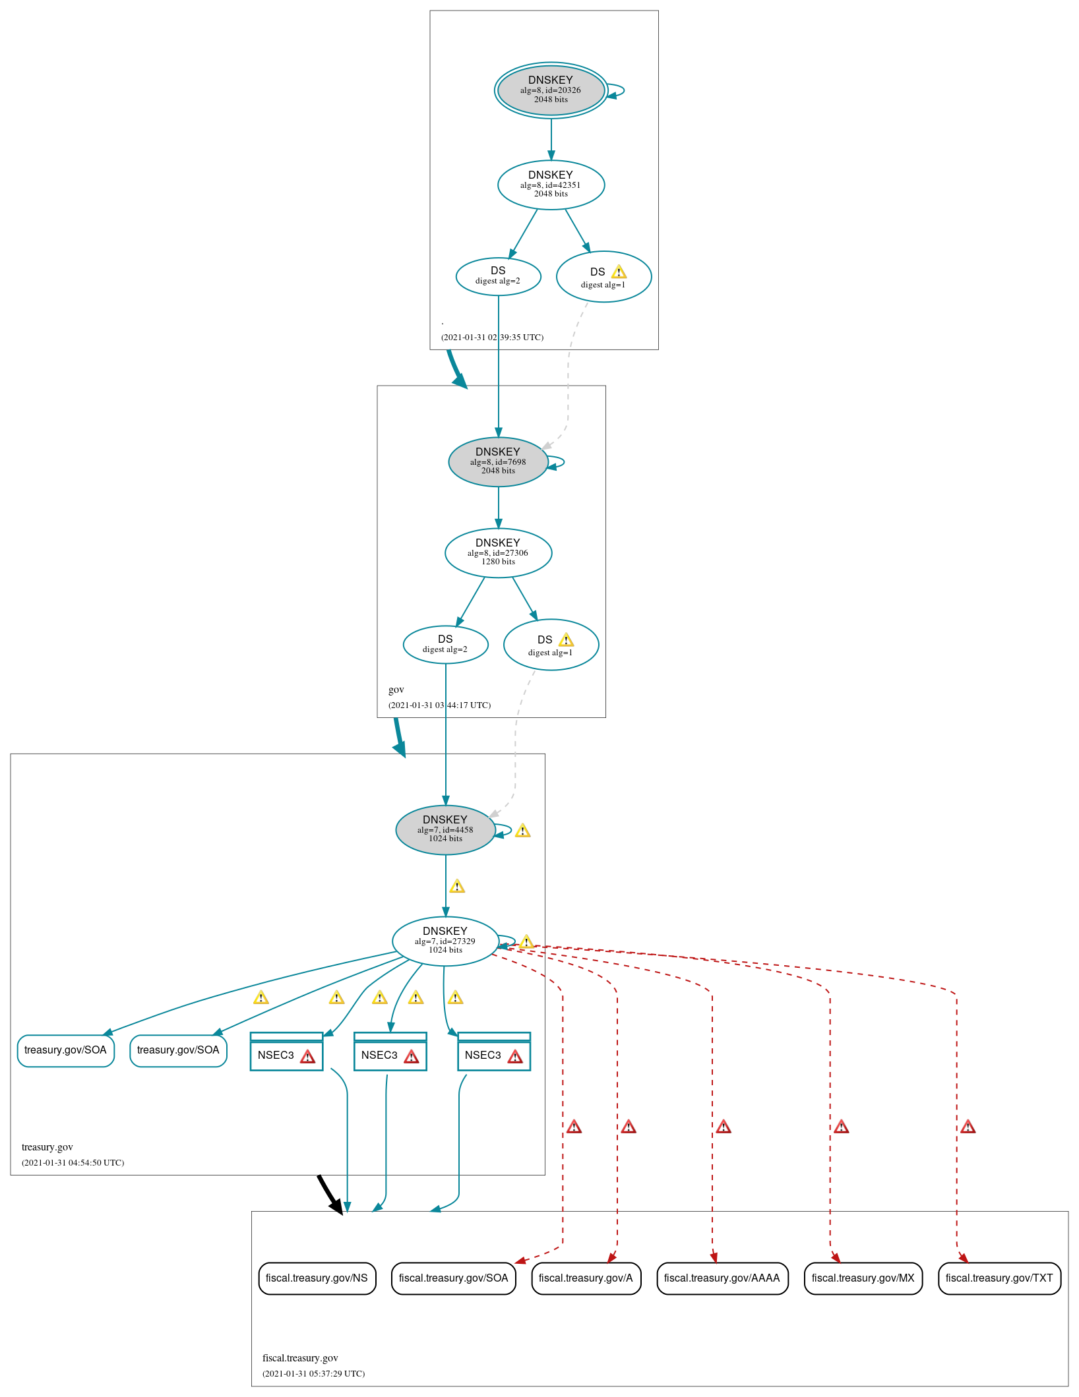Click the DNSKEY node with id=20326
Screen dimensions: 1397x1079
coord(551,90)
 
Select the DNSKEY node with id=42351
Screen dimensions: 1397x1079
coord(551,185)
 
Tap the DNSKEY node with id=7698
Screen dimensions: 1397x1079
coord(498,461)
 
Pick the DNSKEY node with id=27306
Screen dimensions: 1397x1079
coord(498,552)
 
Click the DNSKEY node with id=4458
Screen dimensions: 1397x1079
coord(445,829)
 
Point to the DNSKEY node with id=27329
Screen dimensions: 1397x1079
coord(445,941)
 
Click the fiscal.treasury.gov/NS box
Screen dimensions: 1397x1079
coord(317,1278)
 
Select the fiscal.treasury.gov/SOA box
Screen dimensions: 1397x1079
coord(453,1278)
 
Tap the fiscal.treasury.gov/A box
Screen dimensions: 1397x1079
coord(586,1278)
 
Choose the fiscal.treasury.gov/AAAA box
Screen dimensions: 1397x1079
coord(722,1278)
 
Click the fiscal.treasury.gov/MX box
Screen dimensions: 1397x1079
coord(863,1278)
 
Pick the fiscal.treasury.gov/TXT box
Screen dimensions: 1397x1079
coord(999,1278)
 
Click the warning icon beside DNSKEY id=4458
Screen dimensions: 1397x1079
coord(523,831)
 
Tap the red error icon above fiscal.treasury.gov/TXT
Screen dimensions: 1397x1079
coord(968,1127)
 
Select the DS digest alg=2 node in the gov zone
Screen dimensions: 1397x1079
coord(445,644)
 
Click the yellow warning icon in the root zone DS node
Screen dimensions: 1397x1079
coord(619,272)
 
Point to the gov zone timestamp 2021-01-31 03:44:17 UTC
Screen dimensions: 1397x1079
coord(439,705)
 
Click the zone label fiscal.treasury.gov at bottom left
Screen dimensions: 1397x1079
coord(300,1358)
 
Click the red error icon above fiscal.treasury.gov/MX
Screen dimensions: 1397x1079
coord(841,1127)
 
